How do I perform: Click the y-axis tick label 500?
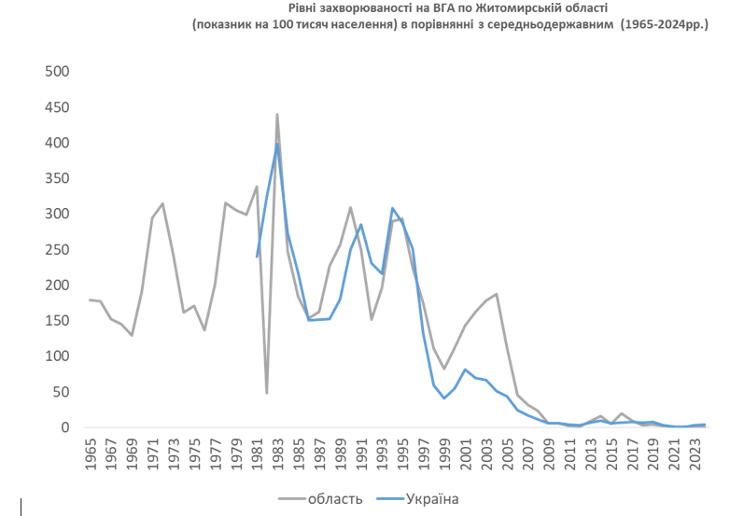(58, 72)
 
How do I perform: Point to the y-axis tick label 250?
(58, 250)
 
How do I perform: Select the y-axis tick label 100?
(58, 356)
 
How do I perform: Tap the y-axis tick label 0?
(66, 428)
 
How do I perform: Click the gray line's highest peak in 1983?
(277, 114)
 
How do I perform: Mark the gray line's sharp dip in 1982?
(267, 393)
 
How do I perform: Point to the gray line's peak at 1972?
(162, 203)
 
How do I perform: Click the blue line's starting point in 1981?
(257, 257)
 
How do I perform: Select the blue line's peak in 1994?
(392, 208)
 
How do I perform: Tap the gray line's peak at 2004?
(496, 294)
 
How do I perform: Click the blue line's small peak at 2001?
(465, 370)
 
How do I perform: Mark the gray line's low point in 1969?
(132, 335)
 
